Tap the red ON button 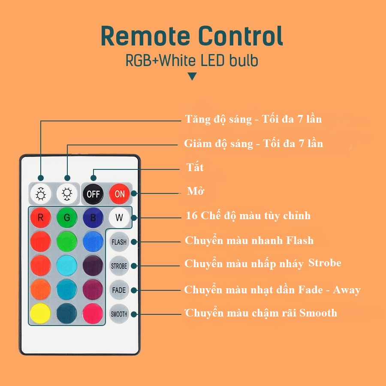(120, 193)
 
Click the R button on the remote (41, 217)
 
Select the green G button (67, 217)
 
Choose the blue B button (93, 217)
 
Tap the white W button (119, 217)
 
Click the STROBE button (119, 266)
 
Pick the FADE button (119, 290)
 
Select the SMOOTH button (119, 314)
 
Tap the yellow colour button (41, 314)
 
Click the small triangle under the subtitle (193, 77)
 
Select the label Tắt (195, 167)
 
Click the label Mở (196, 191)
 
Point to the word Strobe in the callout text (325, 263)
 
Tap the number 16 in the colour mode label (191, 215)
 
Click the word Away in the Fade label (347, 290)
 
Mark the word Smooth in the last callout (318, 313)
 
